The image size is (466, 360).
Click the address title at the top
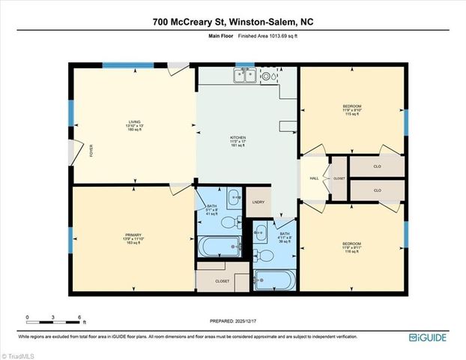[233, 22]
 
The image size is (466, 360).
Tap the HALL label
[314, 178]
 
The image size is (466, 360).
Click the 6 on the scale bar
[79, 317]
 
